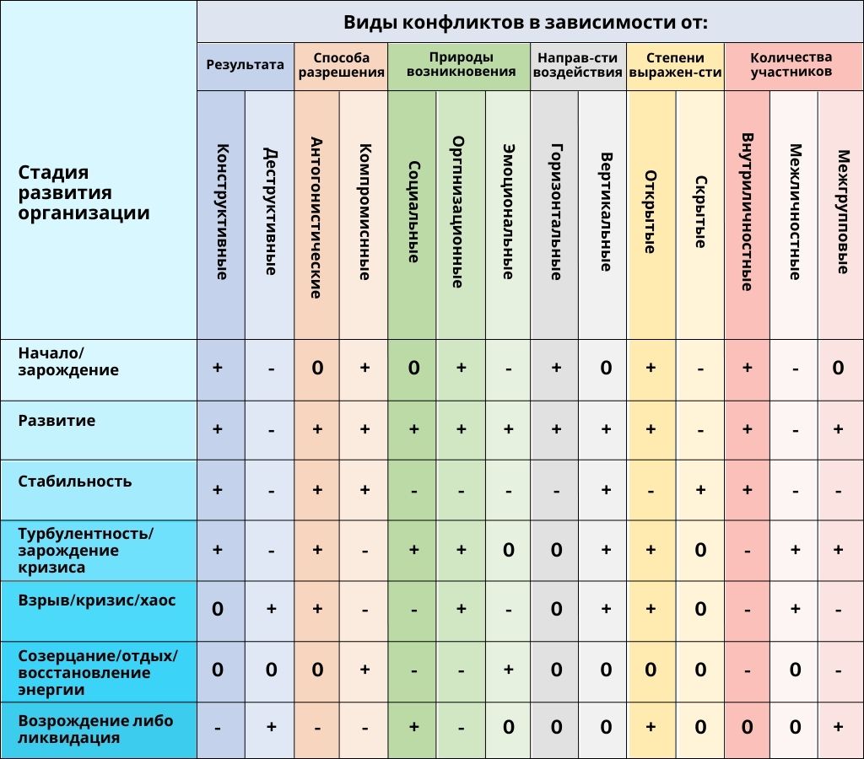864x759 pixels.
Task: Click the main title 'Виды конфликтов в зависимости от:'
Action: pos(525,23)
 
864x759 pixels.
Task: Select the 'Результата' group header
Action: pos(246,65)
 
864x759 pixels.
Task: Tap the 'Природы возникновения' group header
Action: pos(461,64)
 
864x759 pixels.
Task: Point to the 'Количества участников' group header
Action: pos(791,64)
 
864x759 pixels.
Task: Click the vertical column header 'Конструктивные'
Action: pos(222,213)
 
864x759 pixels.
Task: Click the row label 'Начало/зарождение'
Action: pos(68,361)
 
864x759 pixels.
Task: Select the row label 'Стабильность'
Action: pos(75,482)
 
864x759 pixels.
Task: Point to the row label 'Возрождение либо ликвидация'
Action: pos(95,729)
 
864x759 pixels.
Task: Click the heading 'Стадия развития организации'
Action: pos(84,193)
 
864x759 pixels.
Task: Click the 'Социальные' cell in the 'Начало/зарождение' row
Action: pos(413,368)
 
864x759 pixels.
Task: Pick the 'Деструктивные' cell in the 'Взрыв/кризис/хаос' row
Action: pos(270,608)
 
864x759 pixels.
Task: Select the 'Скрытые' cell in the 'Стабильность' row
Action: pos(700,489)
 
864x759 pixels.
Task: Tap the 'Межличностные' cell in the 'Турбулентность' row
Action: pos(795,549)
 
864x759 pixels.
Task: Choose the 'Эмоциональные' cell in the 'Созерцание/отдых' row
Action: pos(508,669)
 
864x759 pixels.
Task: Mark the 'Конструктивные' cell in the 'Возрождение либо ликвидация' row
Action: pos(218,727)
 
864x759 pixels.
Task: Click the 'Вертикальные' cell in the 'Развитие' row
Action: pos(604,428)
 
